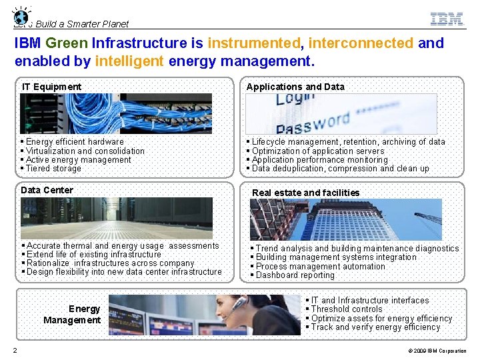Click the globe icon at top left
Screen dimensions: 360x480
pyautogui.click(x=21, y=17)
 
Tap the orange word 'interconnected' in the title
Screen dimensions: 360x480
pyautogui.click(x=361, y=43)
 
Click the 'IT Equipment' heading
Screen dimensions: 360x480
pyautogui.click(x=51, y=87)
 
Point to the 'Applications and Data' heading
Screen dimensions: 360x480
pyautogui.click(x=295, y=87)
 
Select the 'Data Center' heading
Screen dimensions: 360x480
pyautogui.click(x=47, y=190)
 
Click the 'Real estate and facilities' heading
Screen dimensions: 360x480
pyautogui.click(x=305, y=193)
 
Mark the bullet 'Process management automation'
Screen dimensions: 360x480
pyautogui.click(x=320, y=267)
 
